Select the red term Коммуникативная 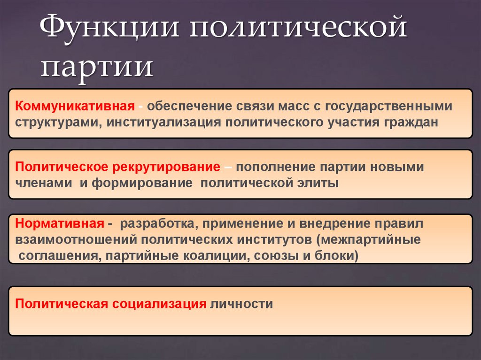click(74, 106)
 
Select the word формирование click(142, 183)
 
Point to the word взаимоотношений click(75, 240)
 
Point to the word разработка click(155, 224)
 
